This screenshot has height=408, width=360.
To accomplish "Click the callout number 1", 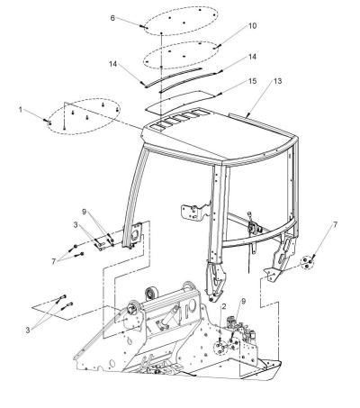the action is coord(21,110).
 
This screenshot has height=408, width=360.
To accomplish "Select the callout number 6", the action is coord(112,18).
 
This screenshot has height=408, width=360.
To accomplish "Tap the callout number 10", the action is coord(253,26).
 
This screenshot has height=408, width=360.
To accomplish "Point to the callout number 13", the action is coord(278,81).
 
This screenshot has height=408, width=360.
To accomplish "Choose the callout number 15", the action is coord(253,81).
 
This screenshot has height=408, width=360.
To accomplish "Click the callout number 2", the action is coord(224,306).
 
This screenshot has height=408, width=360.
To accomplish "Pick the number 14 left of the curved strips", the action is coord(112,64).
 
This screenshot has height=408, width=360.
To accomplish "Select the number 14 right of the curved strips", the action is coord(252,57).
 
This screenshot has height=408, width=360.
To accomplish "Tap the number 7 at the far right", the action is coord(335,224).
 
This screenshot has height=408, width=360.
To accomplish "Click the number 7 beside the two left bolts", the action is coord(54,261).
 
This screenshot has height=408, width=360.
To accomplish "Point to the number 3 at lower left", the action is coord(28,331).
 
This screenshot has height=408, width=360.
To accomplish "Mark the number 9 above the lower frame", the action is coord(243,301).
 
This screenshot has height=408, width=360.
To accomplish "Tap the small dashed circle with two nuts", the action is coord(307,262).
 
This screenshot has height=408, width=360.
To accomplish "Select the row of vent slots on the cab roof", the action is coord(175,120).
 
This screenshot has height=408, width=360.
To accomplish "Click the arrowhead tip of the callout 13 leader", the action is coord(247,116).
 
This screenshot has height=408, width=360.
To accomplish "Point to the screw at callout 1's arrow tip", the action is coord(49,122).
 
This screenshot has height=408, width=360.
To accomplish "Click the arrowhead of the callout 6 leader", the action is coord(144,27).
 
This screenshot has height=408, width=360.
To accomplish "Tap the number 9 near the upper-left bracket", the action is coord(84,212).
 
